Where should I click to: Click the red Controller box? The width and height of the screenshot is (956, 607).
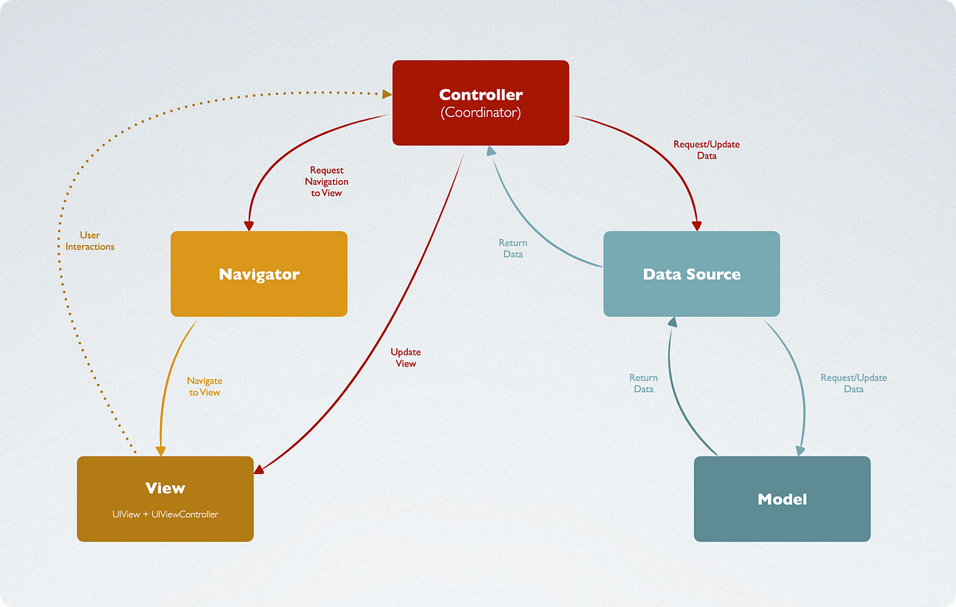tap(480, 103)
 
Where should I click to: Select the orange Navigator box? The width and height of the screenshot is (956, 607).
tap(259, 274)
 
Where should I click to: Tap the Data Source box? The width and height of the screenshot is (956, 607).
tap(692, 274)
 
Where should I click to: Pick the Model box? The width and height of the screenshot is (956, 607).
tap(782, 499)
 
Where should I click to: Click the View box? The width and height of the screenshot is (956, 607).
tap(165, 499)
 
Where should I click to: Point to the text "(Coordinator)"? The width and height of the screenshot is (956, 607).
tap(480, 113)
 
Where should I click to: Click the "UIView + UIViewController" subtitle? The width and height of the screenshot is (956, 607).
tap(165, 515)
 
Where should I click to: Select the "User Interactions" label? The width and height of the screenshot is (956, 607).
tap(90, 241)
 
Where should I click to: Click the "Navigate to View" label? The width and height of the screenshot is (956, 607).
tap(204, 386)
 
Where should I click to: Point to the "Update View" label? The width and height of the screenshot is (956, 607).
tap(406, 358)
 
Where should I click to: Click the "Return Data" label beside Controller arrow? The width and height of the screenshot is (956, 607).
tap(512, 249)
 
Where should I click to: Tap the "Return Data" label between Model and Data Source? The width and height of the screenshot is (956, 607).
tap(643, 383)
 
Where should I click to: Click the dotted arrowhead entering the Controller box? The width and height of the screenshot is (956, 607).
tap(386, 95)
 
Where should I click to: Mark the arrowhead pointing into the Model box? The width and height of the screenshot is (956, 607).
tap(800, 451)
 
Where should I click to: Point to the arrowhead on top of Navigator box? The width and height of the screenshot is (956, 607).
tap(249, 225)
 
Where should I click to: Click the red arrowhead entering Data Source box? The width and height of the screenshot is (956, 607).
tap(697, 225)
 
